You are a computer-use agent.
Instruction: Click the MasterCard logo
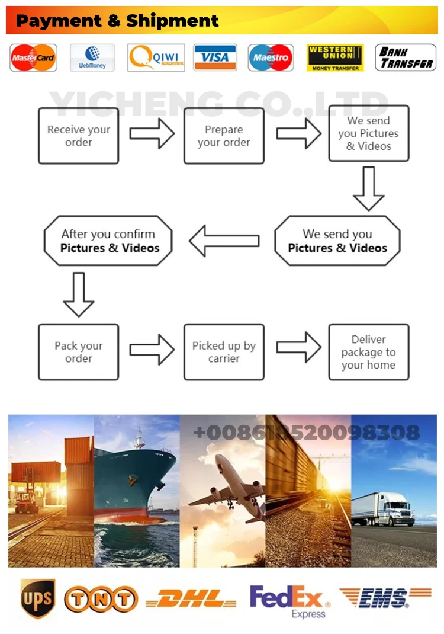[34, 57]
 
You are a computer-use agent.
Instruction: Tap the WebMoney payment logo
[92, 57]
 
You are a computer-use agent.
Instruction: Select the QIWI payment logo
[156, 57]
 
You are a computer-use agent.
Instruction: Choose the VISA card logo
[215, 57]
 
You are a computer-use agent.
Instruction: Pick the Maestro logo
[271, 57]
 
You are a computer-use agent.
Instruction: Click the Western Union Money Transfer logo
[335, 57]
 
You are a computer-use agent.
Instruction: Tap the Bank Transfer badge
[406, 57]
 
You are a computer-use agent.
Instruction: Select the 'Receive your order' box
[79, 136]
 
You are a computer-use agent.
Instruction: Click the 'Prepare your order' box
[224, 136]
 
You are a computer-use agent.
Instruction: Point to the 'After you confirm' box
[108, 241]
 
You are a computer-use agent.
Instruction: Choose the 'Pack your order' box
[79, 352]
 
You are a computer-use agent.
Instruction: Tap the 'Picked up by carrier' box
[224, 352]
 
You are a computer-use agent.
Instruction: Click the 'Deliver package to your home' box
[369, 352]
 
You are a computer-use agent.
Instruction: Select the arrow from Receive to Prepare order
[152, 133]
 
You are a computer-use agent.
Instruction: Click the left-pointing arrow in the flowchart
[224, 241]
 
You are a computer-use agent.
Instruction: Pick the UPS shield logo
[37, 599]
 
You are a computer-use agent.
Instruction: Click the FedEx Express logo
[289, 600]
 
